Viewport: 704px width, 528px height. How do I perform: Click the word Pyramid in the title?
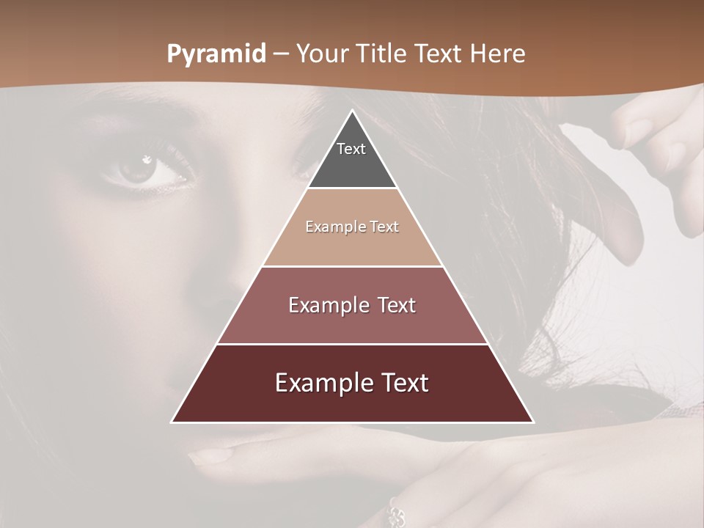[x=215, y=54]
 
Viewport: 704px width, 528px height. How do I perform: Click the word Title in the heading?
[x=383, y=54]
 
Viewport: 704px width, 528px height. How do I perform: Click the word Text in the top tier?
[x=351, y=149]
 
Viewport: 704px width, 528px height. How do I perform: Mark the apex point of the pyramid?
[x=353, y=111]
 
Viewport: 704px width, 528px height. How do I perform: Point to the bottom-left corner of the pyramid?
[x=173, y=422]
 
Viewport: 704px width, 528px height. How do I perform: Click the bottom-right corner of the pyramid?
[x=532, y=422]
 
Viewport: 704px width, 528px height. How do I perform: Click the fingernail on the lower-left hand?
[x=210, y=456]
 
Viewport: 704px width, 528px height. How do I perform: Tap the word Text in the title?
[x=440, y=54]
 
